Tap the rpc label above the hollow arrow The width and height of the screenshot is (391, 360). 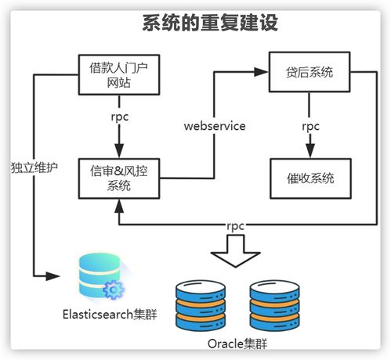(x=235, y=226)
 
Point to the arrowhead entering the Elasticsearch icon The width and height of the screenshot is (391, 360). (x=54, y=275)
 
